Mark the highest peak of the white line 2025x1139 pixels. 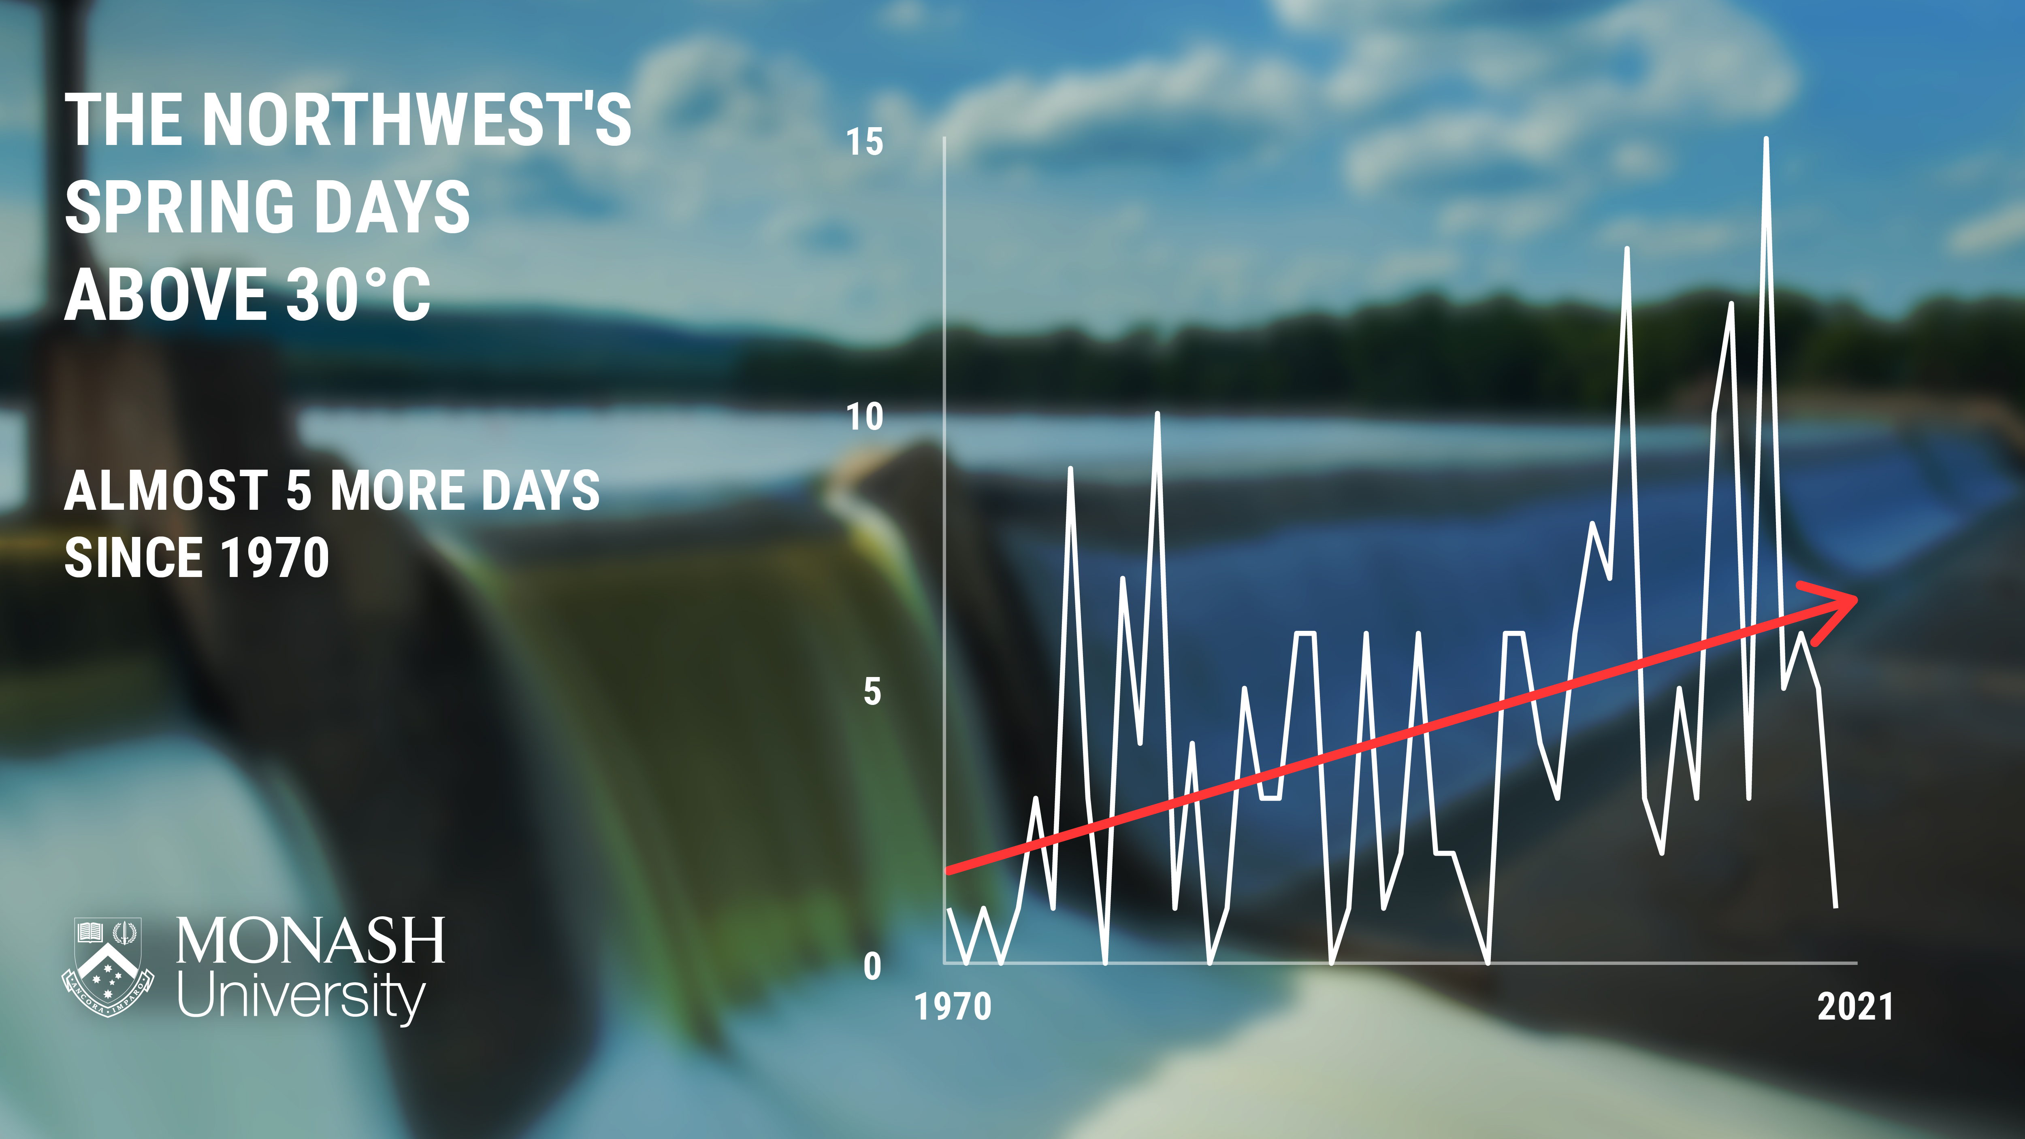point(1766,139)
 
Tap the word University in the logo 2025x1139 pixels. point(301,997)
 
